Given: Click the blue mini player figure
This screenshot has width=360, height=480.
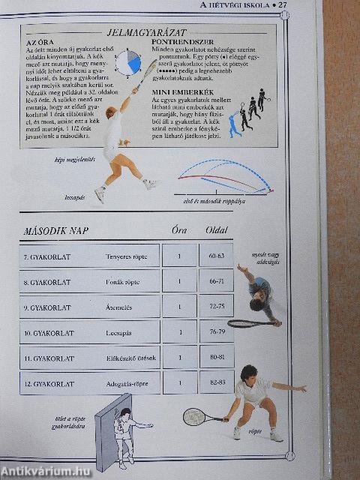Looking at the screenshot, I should (235, 124).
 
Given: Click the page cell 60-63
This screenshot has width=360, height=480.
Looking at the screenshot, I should (217, 256).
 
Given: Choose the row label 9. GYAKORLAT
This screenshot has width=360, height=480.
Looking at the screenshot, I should (47, 307).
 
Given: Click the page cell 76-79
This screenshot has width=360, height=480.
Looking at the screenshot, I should (217, 332).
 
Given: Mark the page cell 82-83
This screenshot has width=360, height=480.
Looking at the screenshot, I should (217, 383).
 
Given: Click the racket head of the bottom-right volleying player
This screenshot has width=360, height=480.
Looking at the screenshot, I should (194, 416).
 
